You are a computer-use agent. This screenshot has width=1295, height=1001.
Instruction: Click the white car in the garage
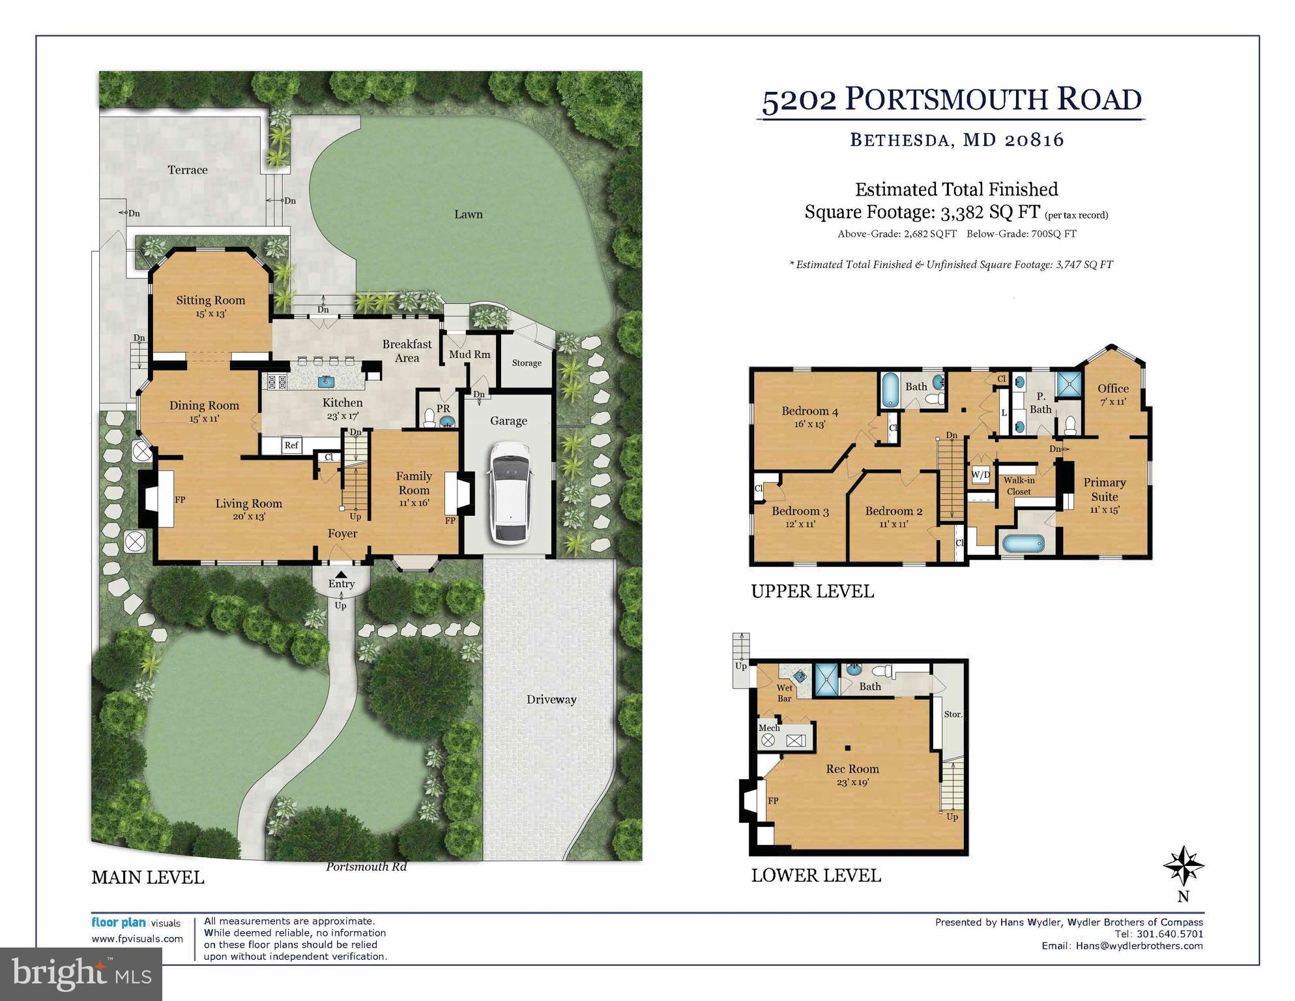pyautogui.click(x=510, y=492)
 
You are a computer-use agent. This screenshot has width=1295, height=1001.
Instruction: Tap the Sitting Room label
pyautogui.click(x=211, y=301)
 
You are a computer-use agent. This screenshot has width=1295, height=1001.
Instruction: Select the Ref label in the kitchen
pyautogui.click(x=291, y=445)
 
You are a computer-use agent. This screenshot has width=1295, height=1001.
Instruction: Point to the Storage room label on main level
pyautogui.click(x=527, y=363)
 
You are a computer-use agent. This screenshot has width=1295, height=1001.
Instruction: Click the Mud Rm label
pyautogui.click(x=469, y=355)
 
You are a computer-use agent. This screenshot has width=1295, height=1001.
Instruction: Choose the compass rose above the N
pyautogui.click(x=1184, y=867)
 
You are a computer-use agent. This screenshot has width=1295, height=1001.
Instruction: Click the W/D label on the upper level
pyautogui.click(x=980, y=475)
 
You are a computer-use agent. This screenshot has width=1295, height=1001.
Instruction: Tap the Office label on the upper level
pyautogui.click(x=1113, y=389)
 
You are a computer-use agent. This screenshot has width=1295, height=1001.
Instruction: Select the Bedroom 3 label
pyautogui.click(x=800, y=511)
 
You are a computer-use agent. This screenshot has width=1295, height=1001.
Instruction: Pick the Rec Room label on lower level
pyautogui.click(x=852, y=769)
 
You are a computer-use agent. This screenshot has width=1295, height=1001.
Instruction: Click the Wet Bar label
pyautogui.click(x=784, y=693)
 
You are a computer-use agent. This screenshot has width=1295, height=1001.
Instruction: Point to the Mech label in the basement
pyautogui.click(x=769, y=728)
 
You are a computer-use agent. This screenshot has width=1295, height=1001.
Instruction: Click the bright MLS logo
pyautogui.click(x=81, y=974)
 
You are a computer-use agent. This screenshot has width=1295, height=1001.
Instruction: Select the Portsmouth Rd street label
pyautogui.click(x=366, y=867)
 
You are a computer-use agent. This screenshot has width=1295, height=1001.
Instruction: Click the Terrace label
pyautogui.click(x=188, y=170)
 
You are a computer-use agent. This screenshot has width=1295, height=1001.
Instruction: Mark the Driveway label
pyautogui.click(x=551, y=700)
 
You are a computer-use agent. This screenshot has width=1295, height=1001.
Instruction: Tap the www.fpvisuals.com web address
pyautogui.click(x=137, y=939)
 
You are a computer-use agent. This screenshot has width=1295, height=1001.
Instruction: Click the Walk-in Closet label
pyautogui.click(x=1019, y=486)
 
